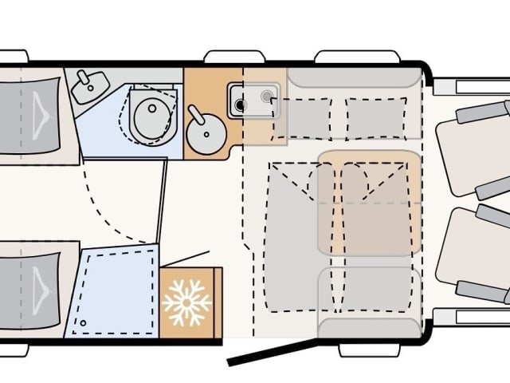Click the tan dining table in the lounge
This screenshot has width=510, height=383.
point(369,203)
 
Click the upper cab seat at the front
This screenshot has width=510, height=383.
point(473,148)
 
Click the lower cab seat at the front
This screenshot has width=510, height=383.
point(473,255)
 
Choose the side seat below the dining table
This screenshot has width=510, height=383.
point(369,295)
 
